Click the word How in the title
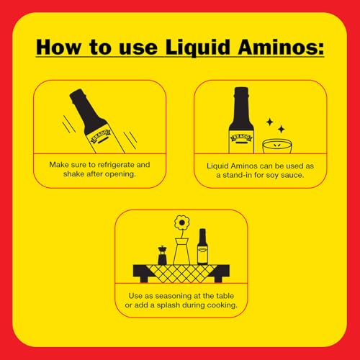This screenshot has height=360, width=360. coord(63,48)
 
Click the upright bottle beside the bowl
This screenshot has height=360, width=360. coord(241,119)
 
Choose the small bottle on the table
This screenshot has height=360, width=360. coord(203,247)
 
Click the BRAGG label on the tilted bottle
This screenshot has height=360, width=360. coord(101,133)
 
